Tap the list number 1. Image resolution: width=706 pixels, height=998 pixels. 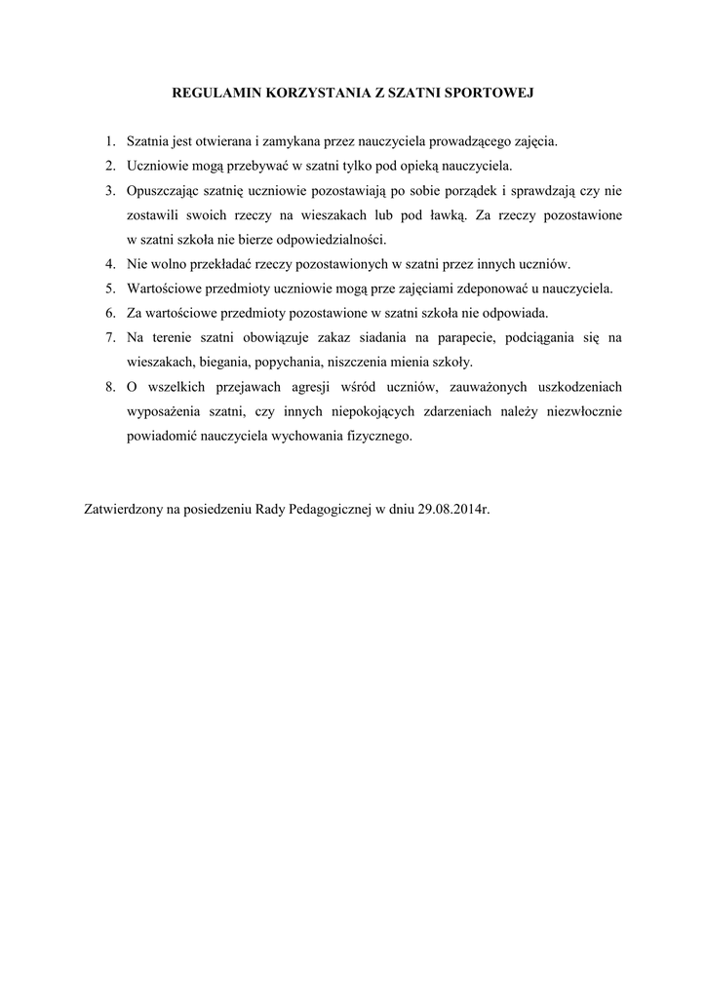click(x=110, y=142)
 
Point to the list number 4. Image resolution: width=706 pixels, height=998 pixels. click(x=110, y=264)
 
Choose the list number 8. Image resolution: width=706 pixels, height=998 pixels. click(x=110, y=387)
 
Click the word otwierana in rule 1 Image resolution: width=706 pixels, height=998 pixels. click(x=211, y=142)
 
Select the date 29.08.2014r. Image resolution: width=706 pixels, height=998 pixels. click(x=453, y=509)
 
